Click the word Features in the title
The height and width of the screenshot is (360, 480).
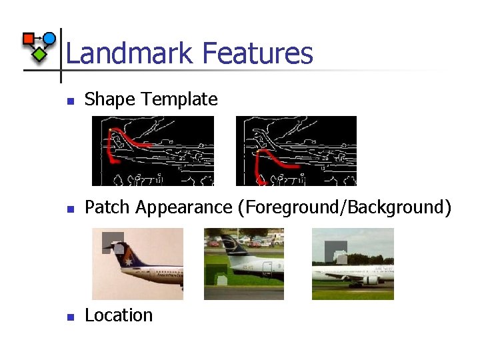pyautogui.click(x=257, y=53)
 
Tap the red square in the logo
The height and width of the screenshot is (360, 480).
pyautogui.click(x=29, y=39)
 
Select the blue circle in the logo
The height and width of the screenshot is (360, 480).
pyautogui.click(x=49, y=38)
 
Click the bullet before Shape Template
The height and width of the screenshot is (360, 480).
pyautogui.click(x=68, y=101)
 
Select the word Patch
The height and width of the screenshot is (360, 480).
pyautogui.click(x=108, y=207)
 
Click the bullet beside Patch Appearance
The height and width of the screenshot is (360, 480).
pyautogui.click(x=68, y=209)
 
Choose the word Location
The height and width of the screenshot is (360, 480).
pyautogui.click(x=119, y=315)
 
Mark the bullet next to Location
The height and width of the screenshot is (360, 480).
pyautogui.click(x=68, y=317)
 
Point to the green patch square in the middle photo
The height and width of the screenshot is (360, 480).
pyautogui.click(x=217, y=274)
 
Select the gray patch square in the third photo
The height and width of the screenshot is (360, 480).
pyautogui.click(x=336, y=252)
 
